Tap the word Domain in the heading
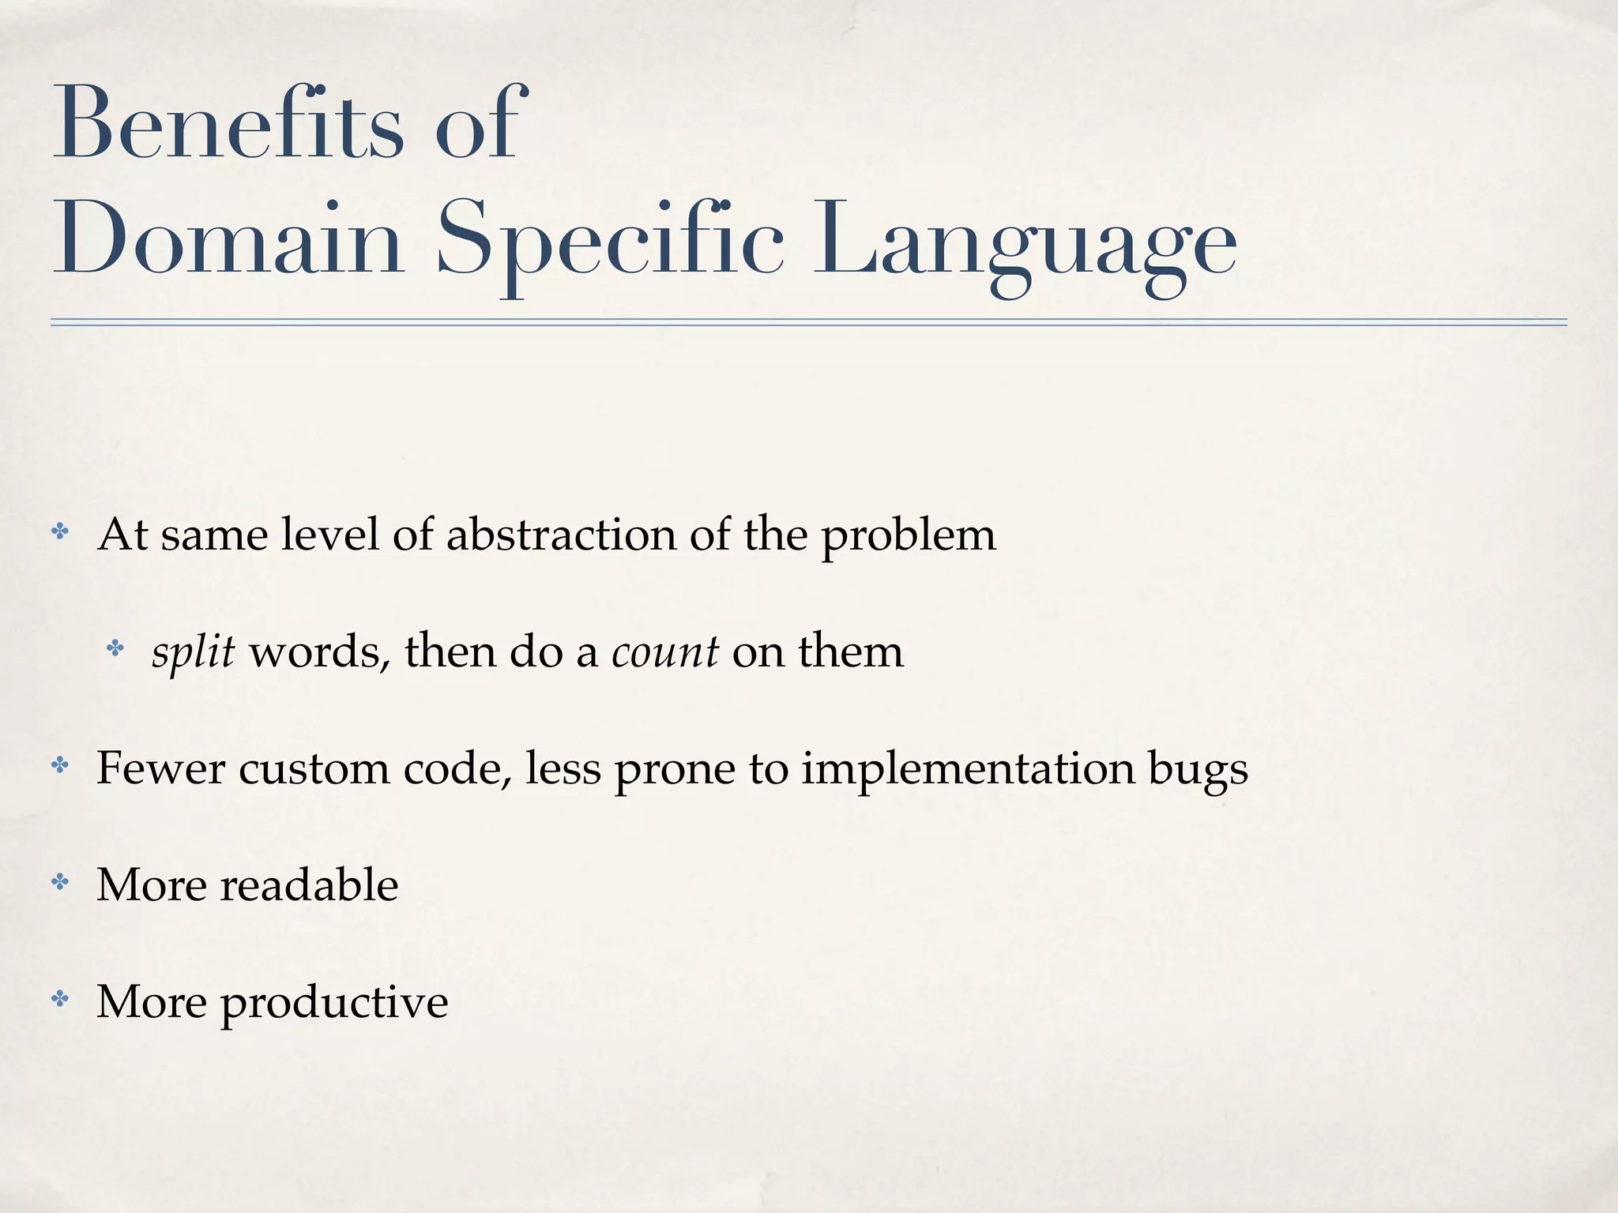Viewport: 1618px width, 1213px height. pos(228,239)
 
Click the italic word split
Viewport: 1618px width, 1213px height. pos(193,653)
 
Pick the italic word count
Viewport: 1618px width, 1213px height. pos(664,653)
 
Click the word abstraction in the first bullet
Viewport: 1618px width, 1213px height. pos(561,535)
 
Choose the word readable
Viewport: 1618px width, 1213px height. pos(309,884)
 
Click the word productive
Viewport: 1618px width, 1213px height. pos(333,1003)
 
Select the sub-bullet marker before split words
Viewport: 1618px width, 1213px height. pos(115,649)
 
